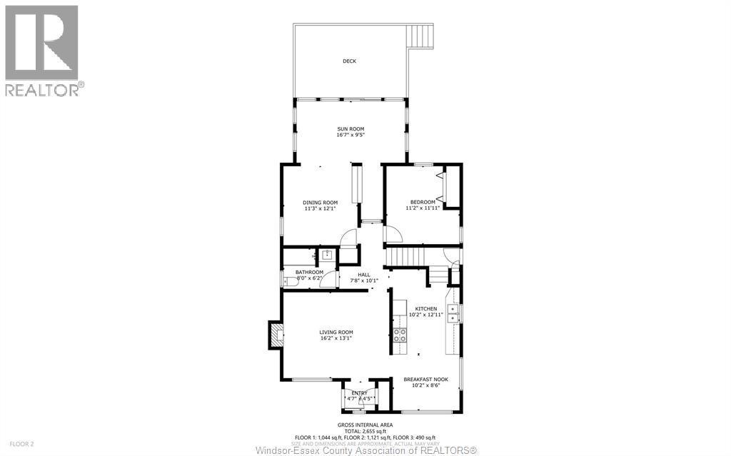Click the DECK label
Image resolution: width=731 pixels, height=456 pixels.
tap(349, 61)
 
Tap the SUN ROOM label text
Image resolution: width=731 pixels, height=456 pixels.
tap(351, 128)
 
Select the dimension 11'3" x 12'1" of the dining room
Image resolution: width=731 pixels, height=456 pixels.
tap(321, 209)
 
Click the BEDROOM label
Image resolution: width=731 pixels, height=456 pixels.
tap(422, 202)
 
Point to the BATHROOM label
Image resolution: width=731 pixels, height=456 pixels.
tap(309, 272)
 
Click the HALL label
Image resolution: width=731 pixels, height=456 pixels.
tap(363, 275)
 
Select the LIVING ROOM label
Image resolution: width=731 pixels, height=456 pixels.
tap(336, 332)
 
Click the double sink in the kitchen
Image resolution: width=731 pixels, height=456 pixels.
tap(453, 313)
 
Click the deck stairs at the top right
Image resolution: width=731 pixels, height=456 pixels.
tap(421, 36)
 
